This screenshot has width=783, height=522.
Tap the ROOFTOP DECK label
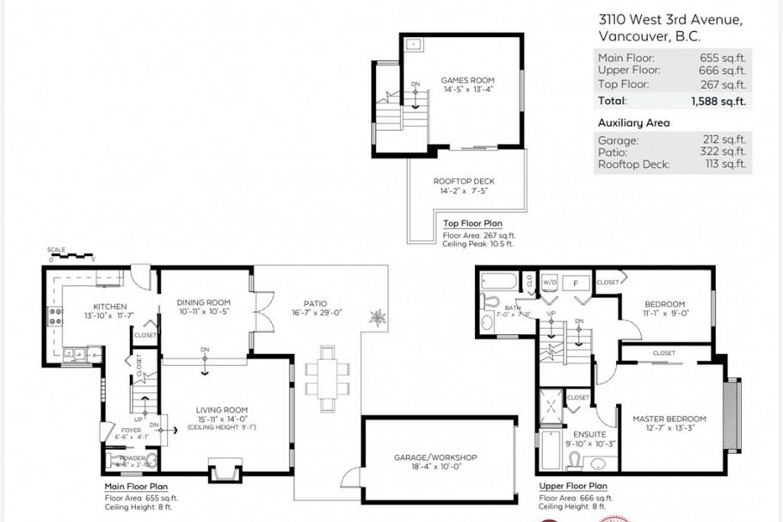[463, 181]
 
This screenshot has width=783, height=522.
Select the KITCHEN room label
[110, 307]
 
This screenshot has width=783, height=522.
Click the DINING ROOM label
[203, 302]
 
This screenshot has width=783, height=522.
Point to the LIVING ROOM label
[223, 410]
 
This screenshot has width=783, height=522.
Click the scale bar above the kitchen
[71, 256]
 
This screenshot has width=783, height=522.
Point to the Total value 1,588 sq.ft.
[718, 101]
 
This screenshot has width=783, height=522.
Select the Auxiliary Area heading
[633, 123]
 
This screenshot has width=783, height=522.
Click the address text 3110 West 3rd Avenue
[669, 20]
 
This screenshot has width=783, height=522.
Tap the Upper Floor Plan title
[573, 487]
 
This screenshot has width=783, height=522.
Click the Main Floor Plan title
[135, 487]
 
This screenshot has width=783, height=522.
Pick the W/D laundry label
[550, 282]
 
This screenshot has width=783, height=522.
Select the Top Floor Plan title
[472, 224]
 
